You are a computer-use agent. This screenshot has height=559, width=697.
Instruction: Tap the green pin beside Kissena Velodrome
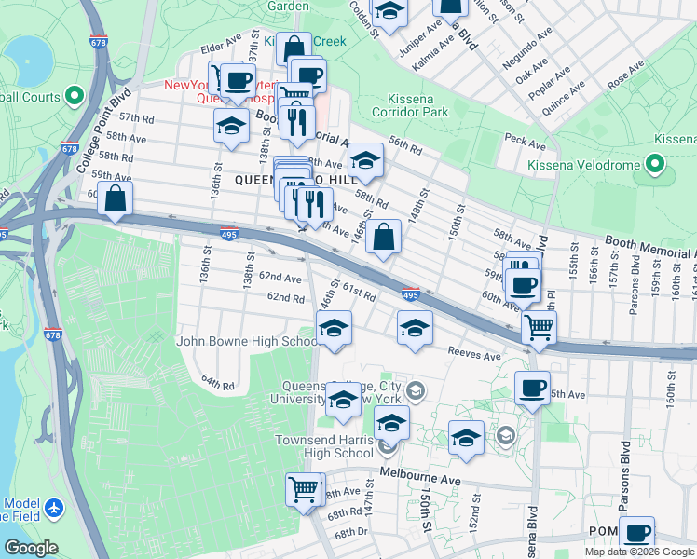tap(655, 165)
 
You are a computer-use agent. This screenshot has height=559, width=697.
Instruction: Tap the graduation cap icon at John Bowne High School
tap(334, 328)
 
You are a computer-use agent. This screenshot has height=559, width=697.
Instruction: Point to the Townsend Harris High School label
tap(323, 446)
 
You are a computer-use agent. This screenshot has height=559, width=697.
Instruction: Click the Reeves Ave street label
tap(474, 355)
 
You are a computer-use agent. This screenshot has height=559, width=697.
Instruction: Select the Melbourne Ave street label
tap(419, 478)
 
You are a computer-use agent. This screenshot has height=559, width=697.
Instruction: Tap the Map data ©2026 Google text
tap(639, 552)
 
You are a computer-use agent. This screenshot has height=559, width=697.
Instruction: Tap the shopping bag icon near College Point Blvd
tap(116, 198)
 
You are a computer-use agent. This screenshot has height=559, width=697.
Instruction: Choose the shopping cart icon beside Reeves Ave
tap(539, 327)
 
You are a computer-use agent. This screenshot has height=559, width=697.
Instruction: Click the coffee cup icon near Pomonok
tap(637, 534)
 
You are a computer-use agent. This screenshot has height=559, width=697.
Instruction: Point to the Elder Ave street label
tap(221, 46)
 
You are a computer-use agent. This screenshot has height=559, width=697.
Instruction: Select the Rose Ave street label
tap(625, 75)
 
